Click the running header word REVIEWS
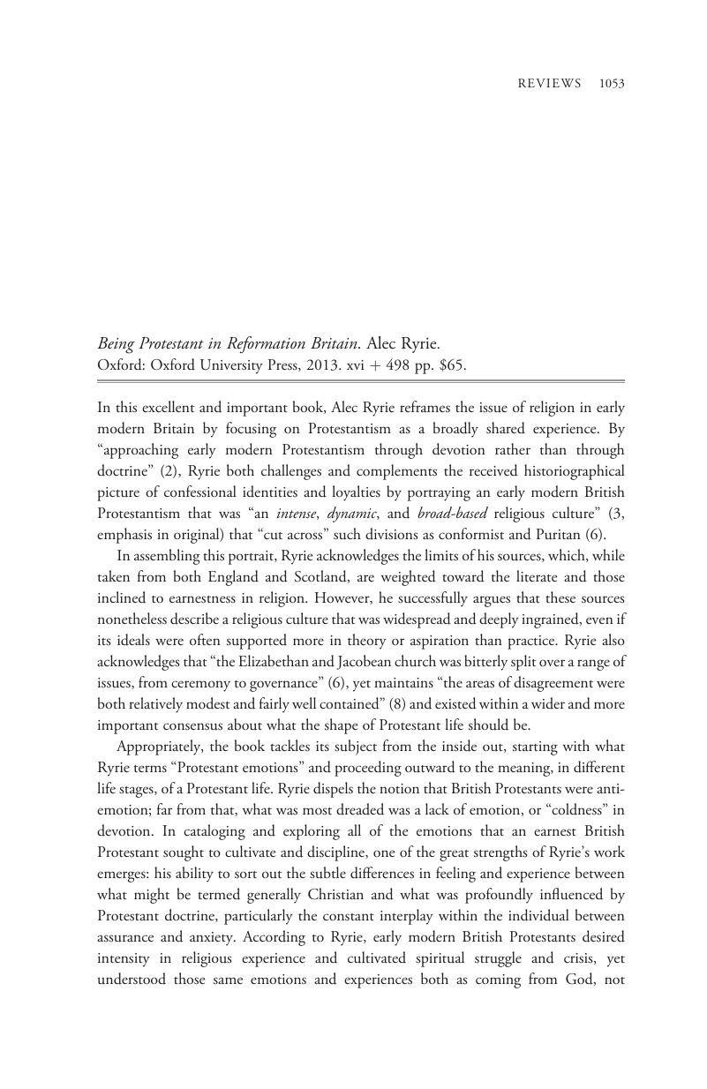point(548,84)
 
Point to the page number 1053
point(611,84)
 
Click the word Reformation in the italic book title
point(273,343)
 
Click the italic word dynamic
point(351,513)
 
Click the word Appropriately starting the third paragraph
point(162,746)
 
